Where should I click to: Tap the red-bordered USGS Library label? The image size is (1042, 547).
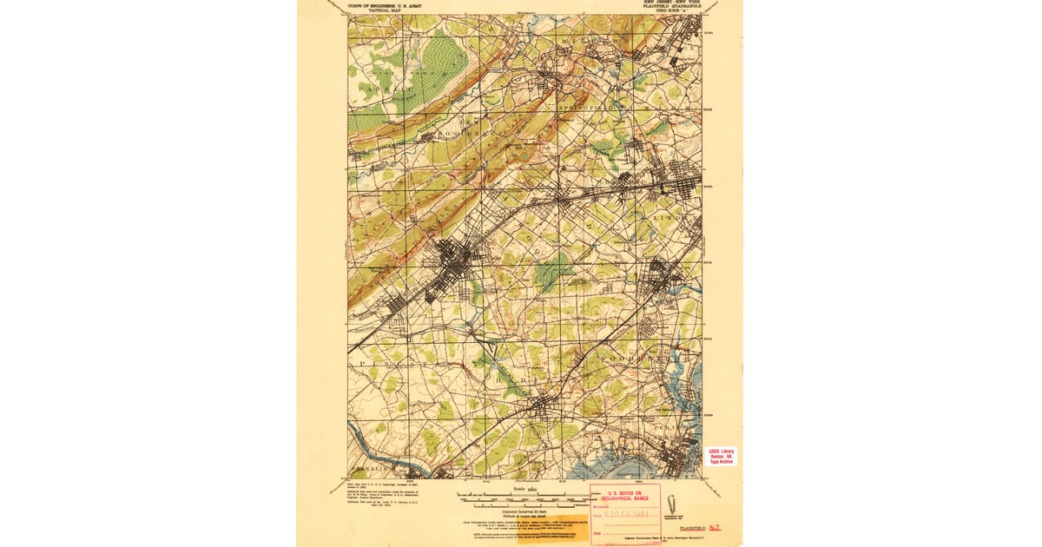tap(721, 456)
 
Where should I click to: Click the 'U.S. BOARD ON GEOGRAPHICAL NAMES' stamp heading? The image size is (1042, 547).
tap(626, 496)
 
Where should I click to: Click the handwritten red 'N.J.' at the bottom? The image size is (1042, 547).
tap(715, 528)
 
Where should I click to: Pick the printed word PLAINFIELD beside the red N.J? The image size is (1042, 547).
tap(692, 528)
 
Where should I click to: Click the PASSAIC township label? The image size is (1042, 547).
tap(373, 89)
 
